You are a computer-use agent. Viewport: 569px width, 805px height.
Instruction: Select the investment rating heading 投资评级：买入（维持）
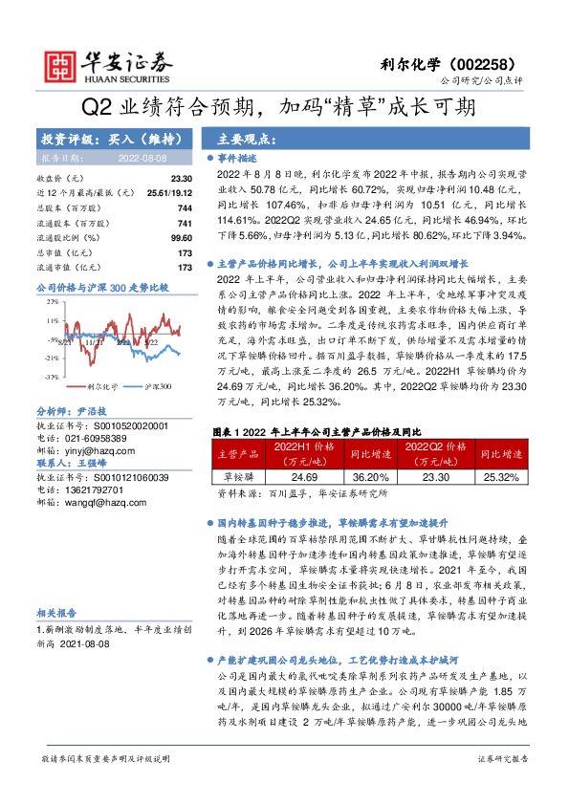click(x=93, y=139)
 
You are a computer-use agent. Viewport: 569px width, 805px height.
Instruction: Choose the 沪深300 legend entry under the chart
click(x=157, y=359)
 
